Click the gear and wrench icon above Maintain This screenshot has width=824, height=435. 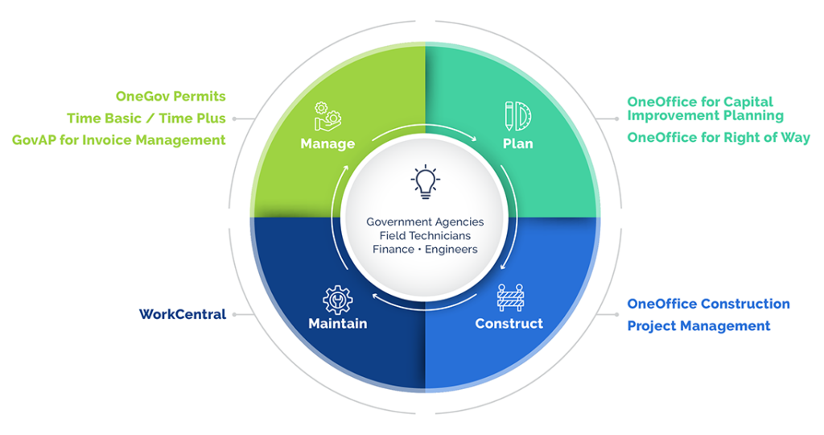click(x=337, y=299)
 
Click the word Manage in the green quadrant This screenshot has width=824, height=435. click(x=328, y=144)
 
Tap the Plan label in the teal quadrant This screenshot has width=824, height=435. click(x=518, y=144)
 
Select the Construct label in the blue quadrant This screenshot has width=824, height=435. click(x=509, y=324)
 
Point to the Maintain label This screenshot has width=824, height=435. click(x=337, y=324)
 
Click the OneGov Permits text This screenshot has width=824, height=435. click(x=171, y=97)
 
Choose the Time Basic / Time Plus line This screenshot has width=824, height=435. click(x=146, y=118)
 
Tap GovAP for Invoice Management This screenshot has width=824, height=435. click(x=118, y=140)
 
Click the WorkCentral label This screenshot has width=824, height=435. click(x=182, y=314)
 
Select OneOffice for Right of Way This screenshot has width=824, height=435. click(x=718, y=138)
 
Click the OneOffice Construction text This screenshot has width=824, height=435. click(x=708, y=304)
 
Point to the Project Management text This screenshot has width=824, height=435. click(x=698, y=326)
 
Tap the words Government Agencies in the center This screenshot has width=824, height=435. click(x=425, y=222)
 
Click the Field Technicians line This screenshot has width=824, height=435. click(x=425, y=235)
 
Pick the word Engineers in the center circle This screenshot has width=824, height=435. click(x=451, y=249)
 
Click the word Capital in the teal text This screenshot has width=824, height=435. click(x=748, y=102)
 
